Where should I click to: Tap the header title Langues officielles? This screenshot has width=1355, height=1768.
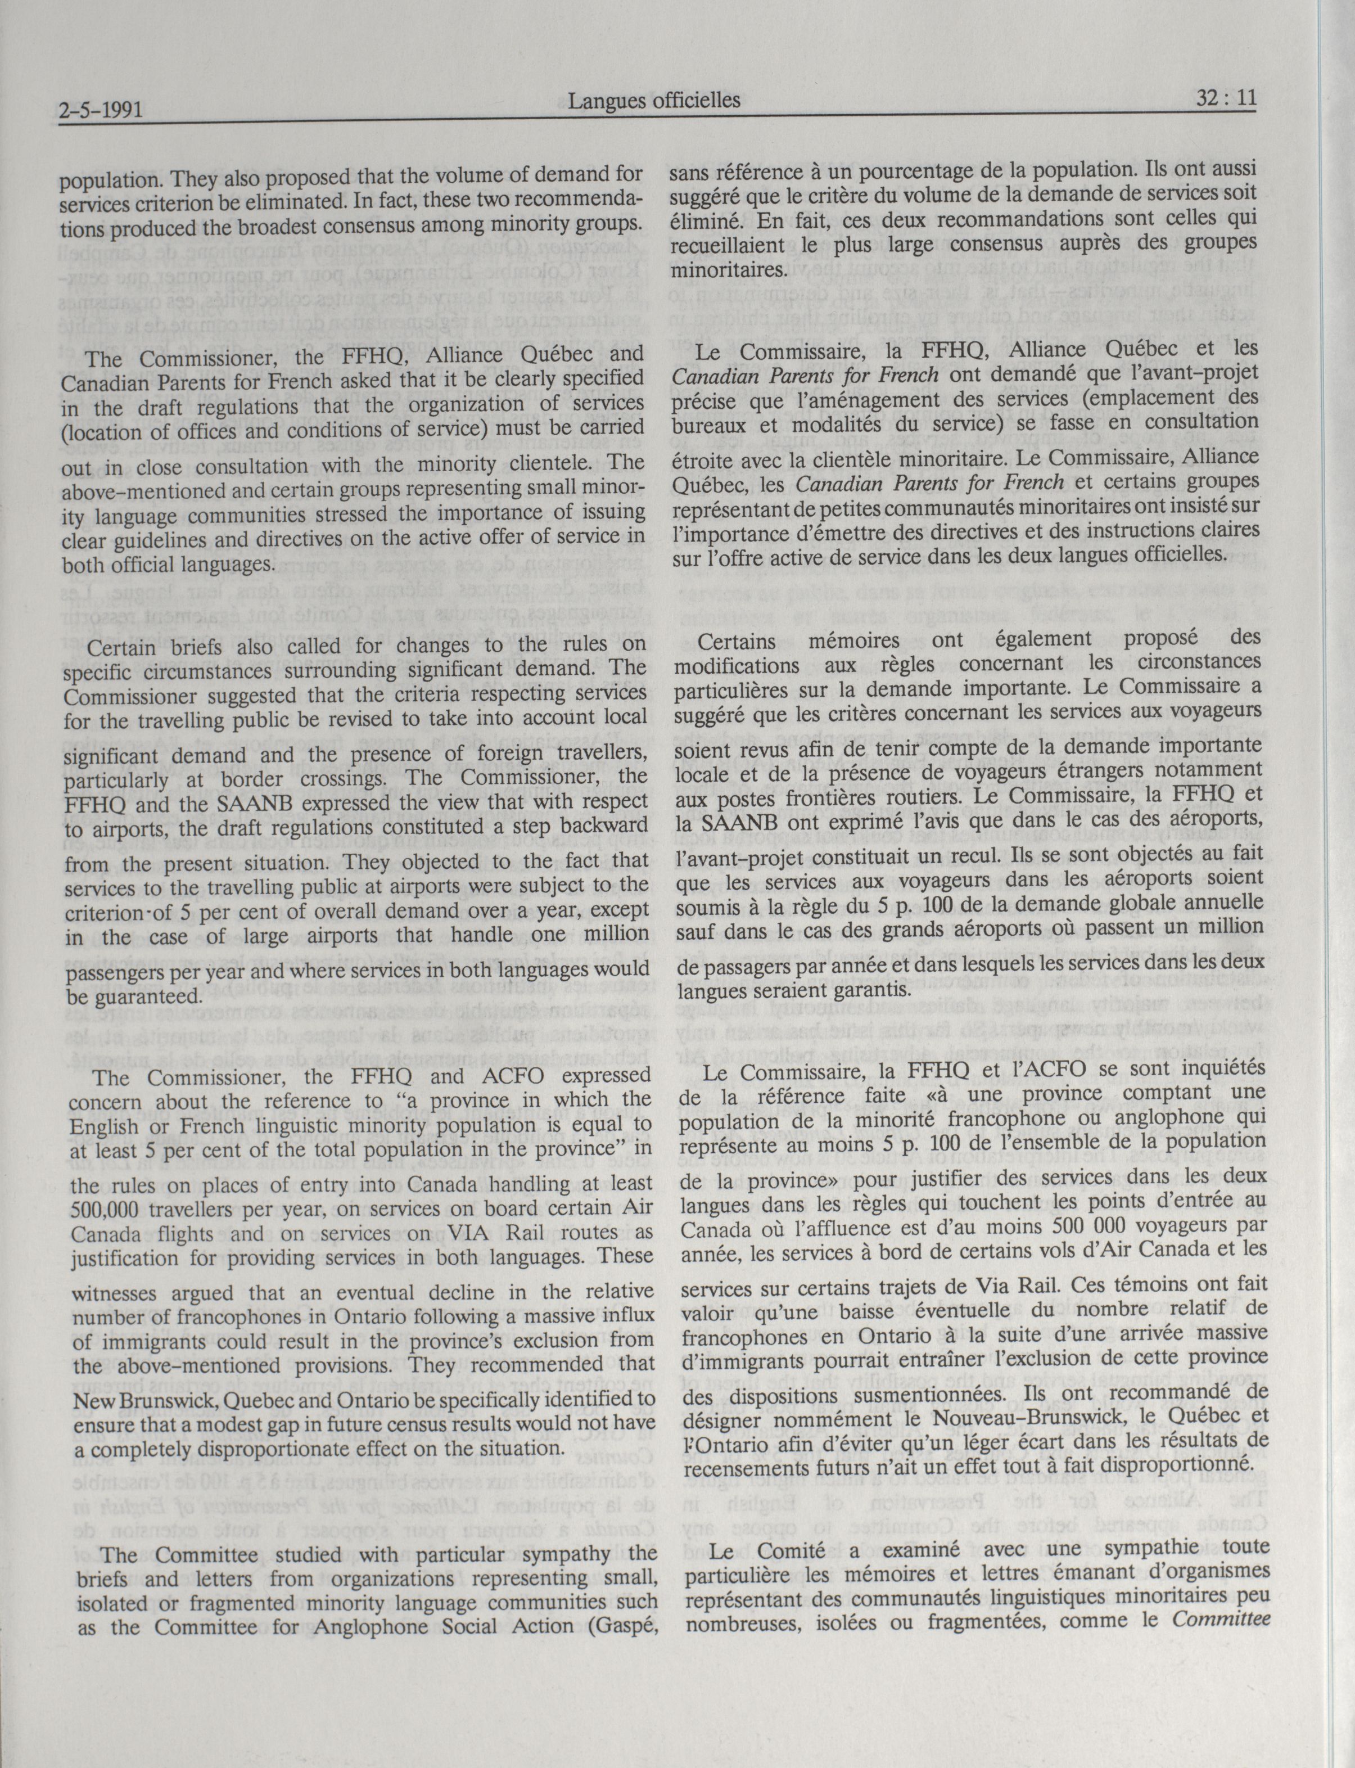[653, 100]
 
